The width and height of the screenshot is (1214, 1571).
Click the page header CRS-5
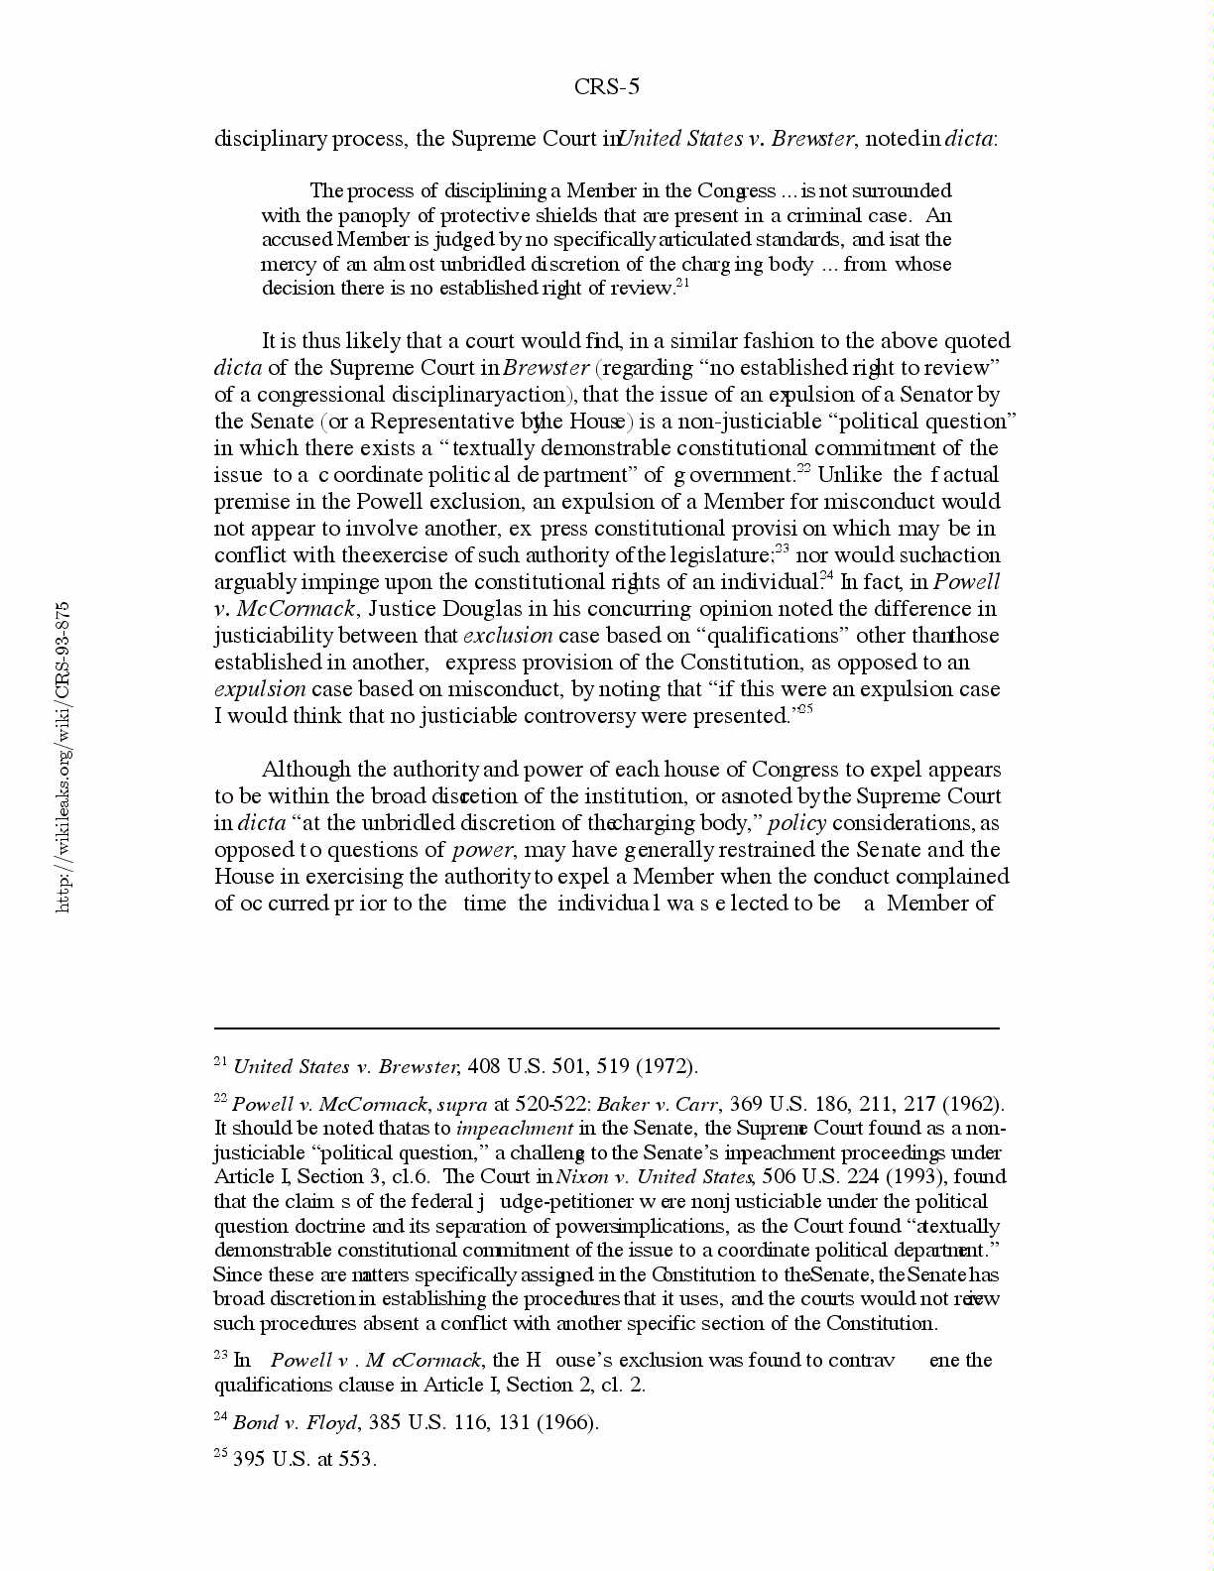coord(606,87)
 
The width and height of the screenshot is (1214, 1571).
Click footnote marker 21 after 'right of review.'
coord(682,284)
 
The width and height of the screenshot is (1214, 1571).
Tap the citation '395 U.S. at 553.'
coord(304,1460)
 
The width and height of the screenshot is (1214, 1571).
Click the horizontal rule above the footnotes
coord(606,1028)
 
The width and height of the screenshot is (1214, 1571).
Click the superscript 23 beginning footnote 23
coord(220,1355)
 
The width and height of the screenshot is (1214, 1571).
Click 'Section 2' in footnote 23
coord(558,1386)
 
